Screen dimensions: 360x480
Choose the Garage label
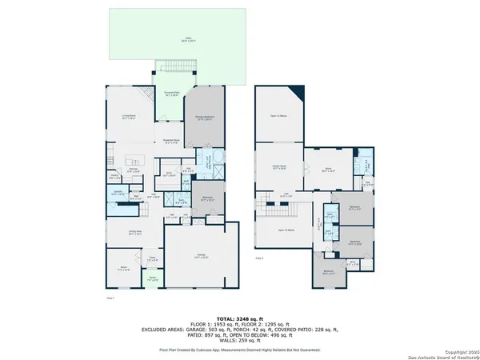(x=200, y=257)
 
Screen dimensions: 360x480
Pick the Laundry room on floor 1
(x=116, y=193)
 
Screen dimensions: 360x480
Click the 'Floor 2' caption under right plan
(x=260, y=259)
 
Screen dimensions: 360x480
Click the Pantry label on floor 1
(x=115, y=178)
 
